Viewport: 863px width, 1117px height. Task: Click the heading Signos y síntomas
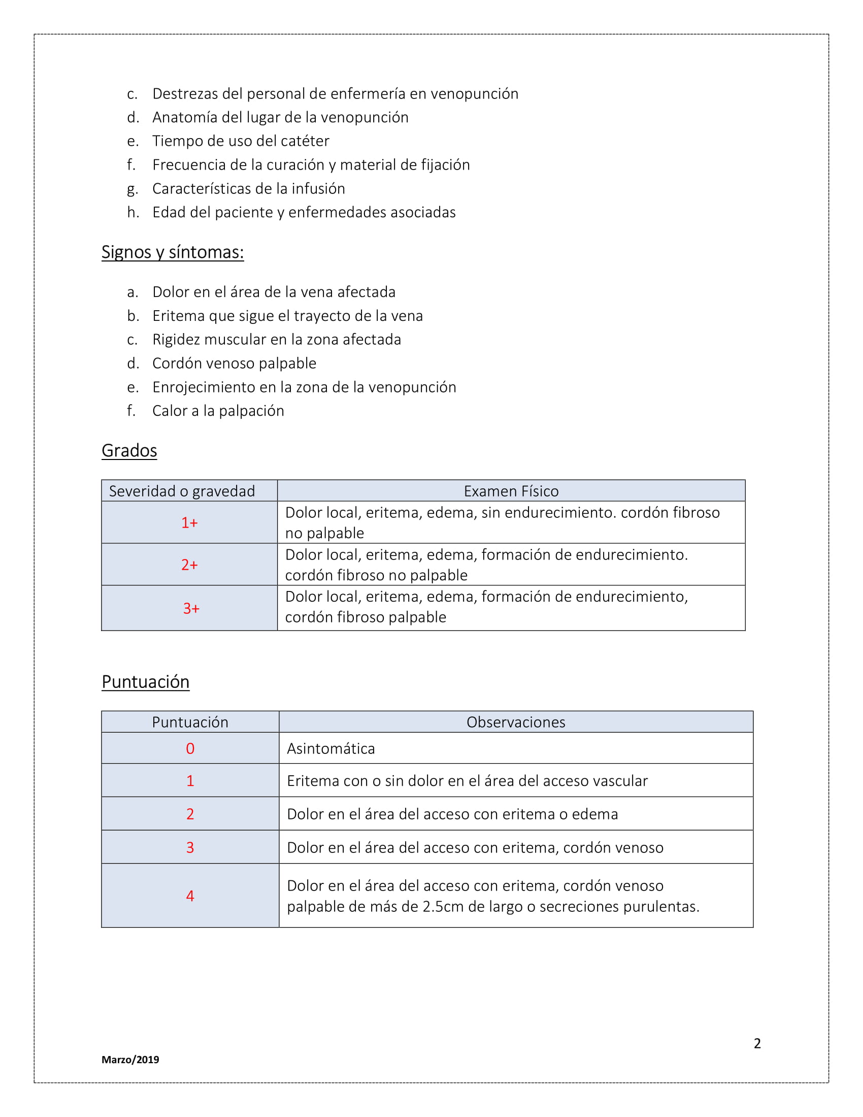click(172, 252)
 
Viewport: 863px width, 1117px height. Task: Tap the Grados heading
click(129, 450)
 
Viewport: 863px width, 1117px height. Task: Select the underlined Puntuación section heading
click(145, 682)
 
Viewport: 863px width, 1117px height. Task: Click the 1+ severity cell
click(189, 522)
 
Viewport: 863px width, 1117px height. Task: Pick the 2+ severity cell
click(189, 565)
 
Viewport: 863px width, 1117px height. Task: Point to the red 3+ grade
click(191, 608)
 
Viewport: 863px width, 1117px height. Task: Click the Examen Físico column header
click(511, 491)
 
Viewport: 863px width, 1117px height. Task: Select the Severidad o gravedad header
click(182, 491)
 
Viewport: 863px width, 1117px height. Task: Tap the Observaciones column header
click(515, 722)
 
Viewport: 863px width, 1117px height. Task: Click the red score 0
click(190, 749)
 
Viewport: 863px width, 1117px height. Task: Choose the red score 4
click(190, 896)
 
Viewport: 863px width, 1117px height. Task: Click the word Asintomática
click(331, 749)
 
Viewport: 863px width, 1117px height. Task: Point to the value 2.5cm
click(443, 907)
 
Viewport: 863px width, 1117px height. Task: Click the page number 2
click(757, 1043)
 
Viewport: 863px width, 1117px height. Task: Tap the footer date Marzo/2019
click(130, 1060)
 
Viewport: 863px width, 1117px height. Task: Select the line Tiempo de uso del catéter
click(241, 141)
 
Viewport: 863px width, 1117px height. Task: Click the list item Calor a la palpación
click(218, 411)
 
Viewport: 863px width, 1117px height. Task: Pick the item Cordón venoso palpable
click(234, 363)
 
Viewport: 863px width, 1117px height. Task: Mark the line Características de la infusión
click(248, 189)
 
